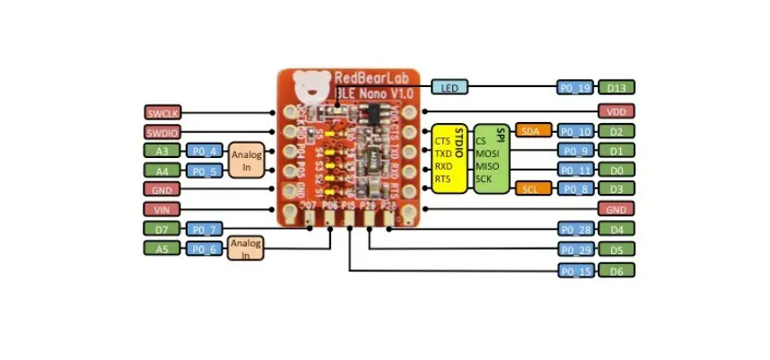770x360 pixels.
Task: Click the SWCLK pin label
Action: tap(162, 112)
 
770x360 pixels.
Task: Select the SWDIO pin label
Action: tap(162, 132)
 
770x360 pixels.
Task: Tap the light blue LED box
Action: tap(450, 87)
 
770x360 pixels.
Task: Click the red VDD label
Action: tap(617, 111)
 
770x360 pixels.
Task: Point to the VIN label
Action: tap(162, 208)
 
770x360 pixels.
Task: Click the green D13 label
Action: tap(617, 87)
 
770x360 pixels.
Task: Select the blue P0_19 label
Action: tap(574, 87)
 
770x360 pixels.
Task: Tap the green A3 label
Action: tap(162, 151)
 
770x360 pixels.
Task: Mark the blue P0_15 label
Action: tap(574, 270)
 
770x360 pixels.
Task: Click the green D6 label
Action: tap(617, 270)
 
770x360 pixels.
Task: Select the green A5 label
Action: tap(162, 250)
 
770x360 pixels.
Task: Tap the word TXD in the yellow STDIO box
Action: tap(442, 154)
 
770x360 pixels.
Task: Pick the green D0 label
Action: tap(617, 170)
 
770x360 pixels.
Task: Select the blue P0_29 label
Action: tap(574, 249)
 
